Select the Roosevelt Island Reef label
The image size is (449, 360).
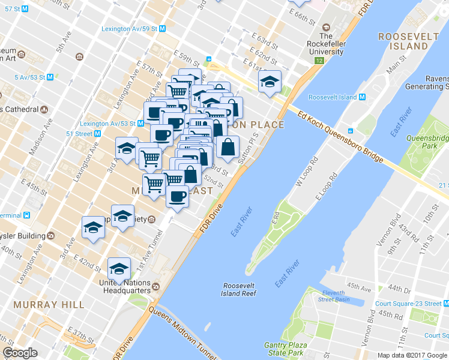click(240, 289)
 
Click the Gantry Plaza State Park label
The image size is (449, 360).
click(286, 349)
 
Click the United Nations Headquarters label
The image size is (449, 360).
click(124, 287)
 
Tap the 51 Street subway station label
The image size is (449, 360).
click(79, 134)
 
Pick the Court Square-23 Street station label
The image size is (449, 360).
click(408, 304)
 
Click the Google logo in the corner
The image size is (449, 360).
click(20, 353)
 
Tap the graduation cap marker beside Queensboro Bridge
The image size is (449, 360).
click(270, 82)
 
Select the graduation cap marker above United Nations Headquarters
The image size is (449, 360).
click(119, 269)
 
